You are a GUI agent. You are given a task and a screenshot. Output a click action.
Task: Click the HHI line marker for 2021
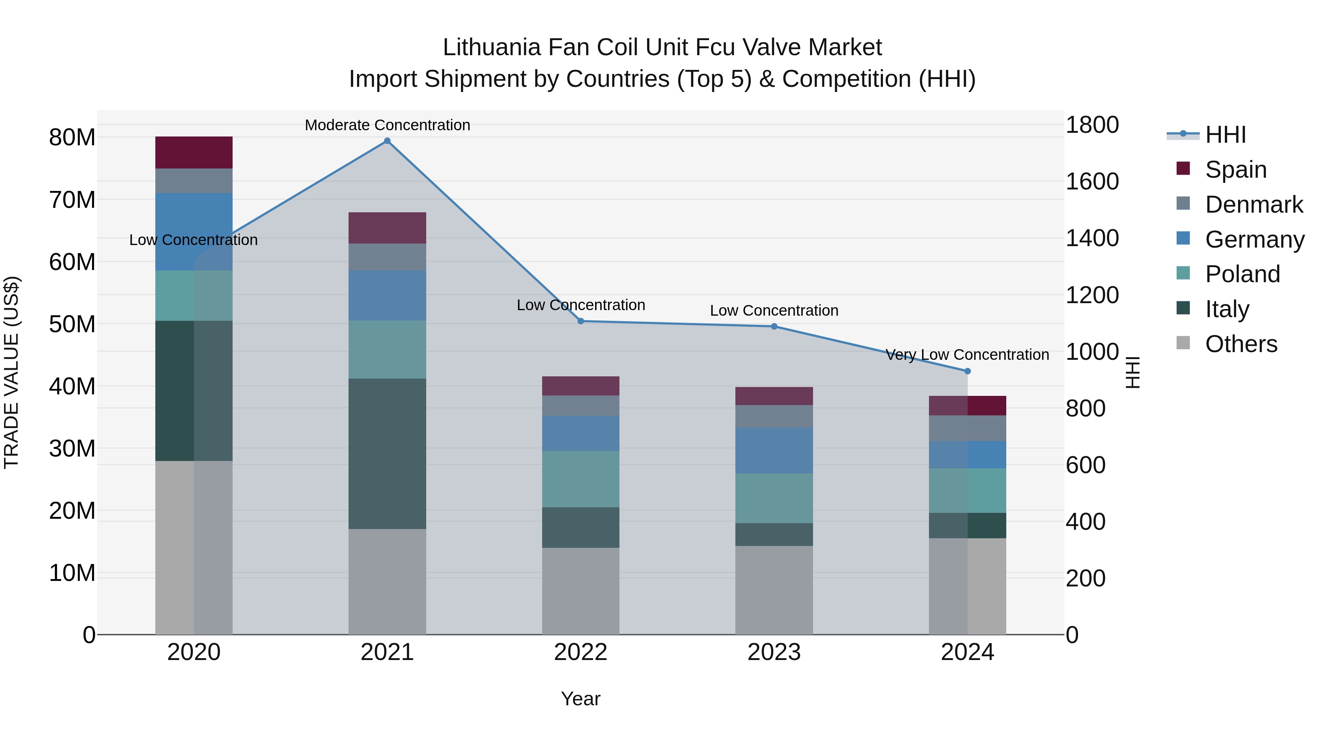tap(387, 141)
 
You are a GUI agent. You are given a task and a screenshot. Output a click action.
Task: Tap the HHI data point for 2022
tap(581, 321)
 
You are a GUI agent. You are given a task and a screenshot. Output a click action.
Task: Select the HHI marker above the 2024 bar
tap(968, 371)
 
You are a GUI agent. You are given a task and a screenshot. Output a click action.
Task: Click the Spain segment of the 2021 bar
tap(387, 228)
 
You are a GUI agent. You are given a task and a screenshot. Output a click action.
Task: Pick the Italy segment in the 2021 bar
tap(387, 454)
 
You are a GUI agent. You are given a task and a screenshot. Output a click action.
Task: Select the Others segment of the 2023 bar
tap(774, 590)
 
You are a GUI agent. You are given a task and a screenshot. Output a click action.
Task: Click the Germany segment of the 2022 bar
tap(581, 433)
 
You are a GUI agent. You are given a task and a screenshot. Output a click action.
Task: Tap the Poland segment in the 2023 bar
tap(774, 498)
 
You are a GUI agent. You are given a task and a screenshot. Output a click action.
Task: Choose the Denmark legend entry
tap(1254, 205)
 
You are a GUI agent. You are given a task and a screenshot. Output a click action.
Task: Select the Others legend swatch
tap(1183, 343)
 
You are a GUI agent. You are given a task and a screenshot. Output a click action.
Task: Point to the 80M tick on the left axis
tap(72, 138)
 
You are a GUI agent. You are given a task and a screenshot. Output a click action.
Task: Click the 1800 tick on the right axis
tap(1092, 125)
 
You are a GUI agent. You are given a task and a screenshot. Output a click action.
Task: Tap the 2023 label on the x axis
tap(774, 652)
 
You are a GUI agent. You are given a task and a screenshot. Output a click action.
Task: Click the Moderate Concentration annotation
tap(387, 125)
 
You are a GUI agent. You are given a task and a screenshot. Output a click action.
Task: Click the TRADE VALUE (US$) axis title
tap(11, 372)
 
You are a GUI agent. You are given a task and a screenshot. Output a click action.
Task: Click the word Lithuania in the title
tap(492, 47)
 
